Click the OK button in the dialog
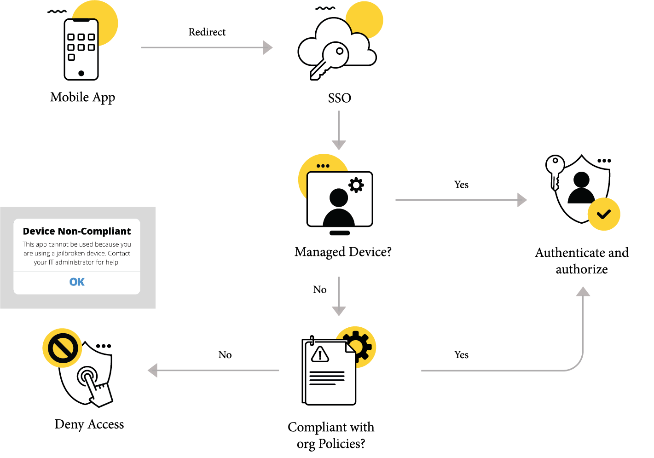(x=77, y=282)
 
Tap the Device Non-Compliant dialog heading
(x=77, y=231)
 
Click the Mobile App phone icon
(x=81, y=49)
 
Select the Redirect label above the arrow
(x=207, y=32)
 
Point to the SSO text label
(x=339, y=98)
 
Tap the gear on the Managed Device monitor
(x=356, y=185)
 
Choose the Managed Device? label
(x=343, y=252)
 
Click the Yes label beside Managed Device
(x=461, y=185)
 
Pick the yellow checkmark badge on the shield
(x=604, y=214)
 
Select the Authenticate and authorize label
(x=582, y=261)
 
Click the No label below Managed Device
(x=320, y=290)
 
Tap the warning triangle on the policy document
(x=320, y=354)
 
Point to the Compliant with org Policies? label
(x=331, y=435)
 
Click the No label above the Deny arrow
(x=225, y=355)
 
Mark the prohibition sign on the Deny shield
(x=62, y=348)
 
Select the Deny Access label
(x=89, y=424)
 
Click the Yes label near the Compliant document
(x=461, y=355)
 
